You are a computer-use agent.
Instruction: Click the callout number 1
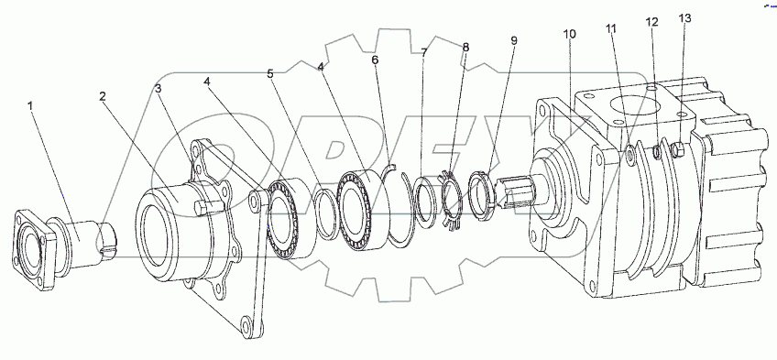(31, 105)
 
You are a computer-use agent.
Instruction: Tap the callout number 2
(102, 96)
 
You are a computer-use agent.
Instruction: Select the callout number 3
(159, 89)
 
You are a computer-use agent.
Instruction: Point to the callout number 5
(269, 74)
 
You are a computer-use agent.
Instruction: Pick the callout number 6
(375, 60)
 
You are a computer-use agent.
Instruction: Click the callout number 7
(423, 52)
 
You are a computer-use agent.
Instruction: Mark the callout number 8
(465, 48)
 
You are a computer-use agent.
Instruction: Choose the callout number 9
(514, 40)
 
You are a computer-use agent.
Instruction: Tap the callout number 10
(570, 34)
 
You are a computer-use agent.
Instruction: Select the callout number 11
(611, 28)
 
